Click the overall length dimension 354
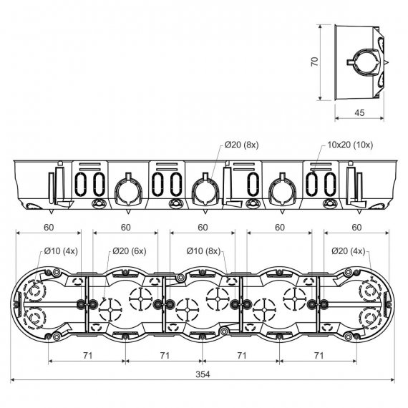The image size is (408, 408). [203, 374]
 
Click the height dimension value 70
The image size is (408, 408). [314, 62]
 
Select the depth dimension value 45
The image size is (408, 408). [359, 112]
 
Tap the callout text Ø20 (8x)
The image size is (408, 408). [242, 145]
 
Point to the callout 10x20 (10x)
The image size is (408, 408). [350, 145]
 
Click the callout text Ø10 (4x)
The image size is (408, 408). [61, 251]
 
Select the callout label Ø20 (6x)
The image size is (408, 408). [130, 251]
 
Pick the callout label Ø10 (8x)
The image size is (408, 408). [203, 251]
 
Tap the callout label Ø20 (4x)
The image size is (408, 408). [349, 251]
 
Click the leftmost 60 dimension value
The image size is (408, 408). [49, 228]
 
